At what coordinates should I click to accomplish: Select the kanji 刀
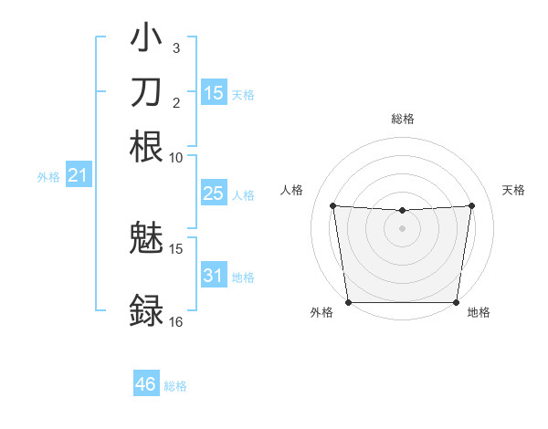146,92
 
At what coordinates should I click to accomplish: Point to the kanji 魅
146,238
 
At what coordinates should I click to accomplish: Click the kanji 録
146,309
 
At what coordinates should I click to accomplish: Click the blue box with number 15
213,92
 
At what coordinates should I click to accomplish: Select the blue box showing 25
213,194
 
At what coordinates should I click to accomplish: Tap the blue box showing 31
213,276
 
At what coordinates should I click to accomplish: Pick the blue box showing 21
77,175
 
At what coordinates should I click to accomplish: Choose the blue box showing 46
146,384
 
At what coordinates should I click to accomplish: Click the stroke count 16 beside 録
176,322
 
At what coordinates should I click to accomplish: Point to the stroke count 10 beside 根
176,157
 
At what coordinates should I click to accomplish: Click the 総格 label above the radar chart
402,119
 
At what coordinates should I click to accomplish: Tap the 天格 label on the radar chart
513,190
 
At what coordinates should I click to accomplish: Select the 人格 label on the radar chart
292,190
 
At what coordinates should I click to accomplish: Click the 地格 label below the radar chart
479,313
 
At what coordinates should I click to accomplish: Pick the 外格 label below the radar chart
321,313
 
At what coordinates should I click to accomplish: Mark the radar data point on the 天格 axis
472,205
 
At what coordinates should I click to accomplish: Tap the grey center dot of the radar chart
402,228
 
